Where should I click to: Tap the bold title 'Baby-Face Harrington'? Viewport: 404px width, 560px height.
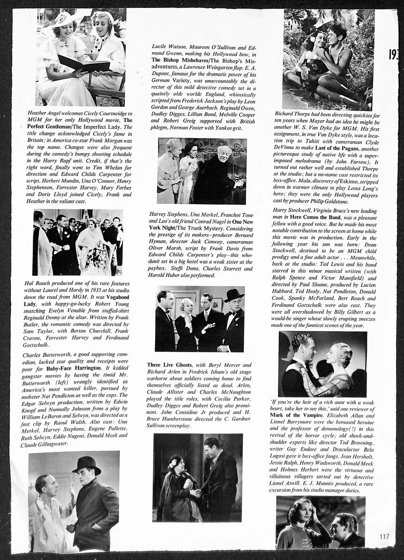pos(75,368)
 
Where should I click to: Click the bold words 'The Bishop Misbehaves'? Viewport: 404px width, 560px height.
pos(180,60)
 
